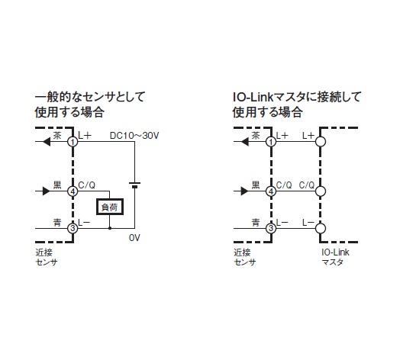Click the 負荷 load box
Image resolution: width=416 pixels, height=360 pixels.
tap(110, 207)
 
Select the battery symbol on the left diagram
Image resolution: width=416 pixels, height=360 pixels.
tap(135, 185)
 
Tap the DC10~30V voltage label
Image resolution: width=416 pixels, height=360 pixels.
tap(134, 136)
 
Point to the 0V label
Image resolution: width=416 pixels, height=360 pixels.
tap(134, 238)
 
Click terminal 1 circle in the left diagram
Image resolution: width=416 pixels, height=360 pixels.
tap(73, 142)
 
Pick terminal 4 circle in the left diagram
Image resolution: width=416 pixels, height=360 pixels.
tap(73, 191)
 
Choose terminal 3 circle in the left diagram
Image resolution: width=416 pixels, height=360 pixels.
tap(73, 228)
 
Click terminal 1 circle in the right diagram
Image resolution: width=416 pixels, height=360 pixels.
tap(271, 142)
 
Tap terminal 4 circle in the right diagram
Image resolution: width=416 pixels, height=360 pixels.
tap(271, 191)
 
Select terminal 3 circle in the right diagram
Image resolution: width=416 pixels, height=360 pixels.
tap(271, 228)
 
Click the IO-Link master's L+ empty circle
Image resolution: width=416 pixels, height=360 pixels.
tap(321, 142)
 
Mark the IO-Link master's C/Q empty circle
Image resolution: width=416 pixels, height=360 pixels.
tap(321, 191)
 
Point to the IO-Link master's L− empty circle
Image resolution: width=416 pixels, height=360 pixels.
tap(321, 228)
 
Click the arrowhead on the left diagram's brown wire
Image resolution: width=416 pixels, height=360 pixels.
tap(47, 142)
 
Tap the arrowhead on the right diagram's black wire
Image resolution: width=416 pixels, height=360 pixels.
tap(244, 191)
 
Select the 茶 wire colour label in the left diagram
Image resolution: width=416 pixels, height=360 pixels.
tap(57, 136)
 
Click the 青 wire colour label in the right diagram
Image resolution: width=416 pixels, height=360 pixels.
tap(256, 222)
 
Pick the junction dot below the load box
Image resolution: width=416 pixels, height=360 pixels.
tap(110, 228)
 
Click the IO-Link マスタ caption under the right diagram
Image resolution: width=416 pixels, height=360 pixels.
tap(335, 257)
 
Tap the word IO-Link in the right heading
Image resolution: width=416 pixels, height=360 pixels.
tap(253, 97)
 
